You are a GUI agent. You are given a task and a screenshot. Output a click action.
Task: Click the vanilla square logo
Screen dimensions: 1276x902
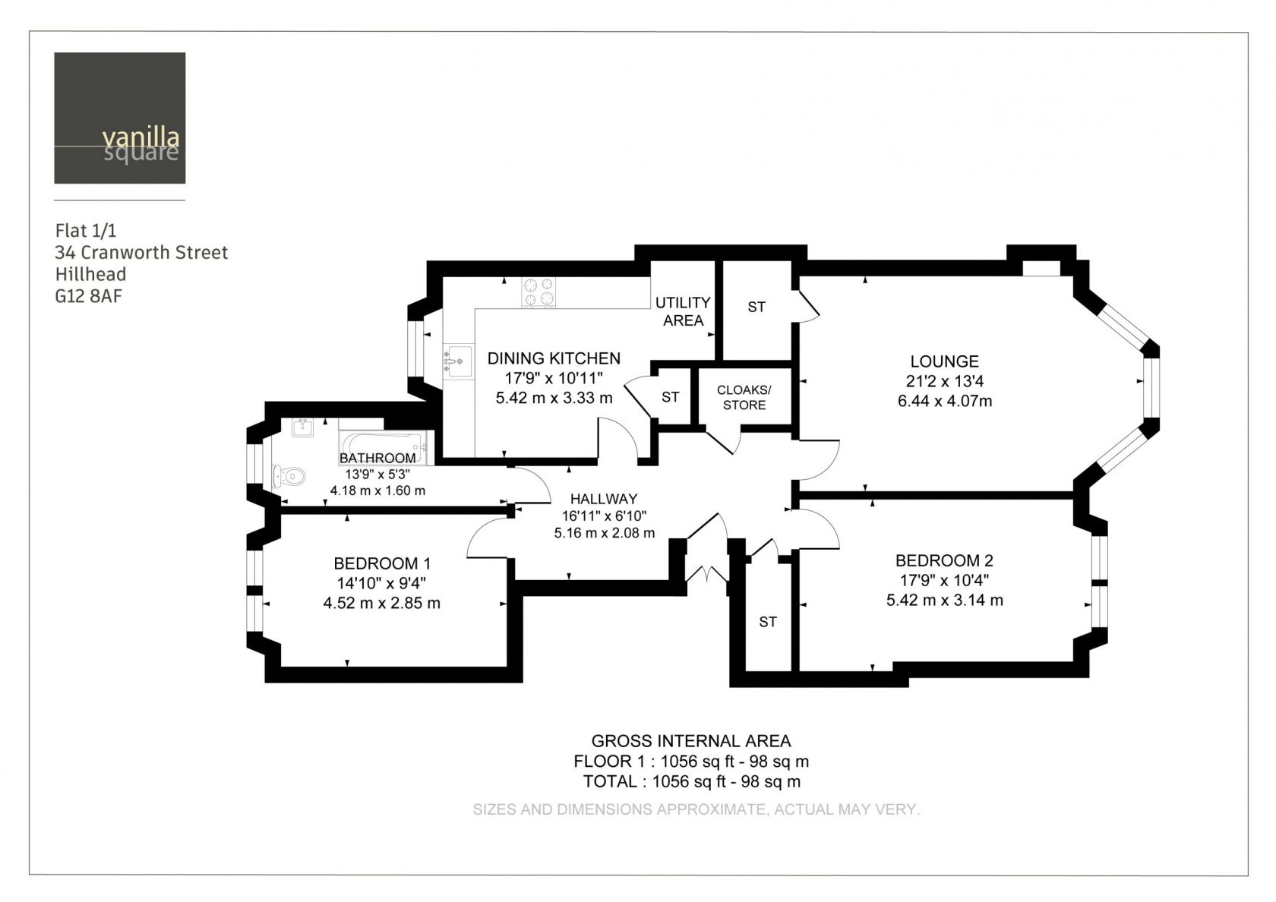(x=120, y=118)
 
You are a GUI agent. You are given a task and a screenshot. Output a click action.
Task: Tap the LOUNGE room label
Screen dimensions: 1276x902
(x=945, y=361)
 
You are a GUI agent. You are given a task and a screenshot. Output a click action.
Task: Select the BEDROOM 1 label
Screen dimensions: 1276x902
(x=381, y=563)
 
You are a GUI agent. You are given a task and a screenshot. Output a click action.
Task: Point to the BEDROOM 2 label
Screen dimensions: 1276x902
(x=944, y=560)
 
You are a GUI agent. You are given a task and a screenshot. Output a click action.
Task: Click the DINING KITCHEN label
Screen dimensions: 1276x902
(x=554, y=358)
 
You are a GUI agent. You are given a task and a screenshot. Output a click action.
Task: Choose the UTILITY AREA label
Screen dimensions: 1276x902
(x=682, y=311)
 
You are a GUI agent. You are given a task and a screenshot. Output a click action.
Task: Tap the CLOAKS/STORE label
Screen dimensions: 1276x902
(x=744, y=398)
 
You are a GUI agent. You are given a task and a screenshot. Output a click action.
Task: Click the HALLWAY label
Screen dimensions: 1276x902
(x=604, y=499)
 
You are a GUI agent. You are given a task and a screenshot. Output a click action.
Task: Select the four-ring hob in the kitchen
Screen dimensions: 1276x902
(x=539, y=292)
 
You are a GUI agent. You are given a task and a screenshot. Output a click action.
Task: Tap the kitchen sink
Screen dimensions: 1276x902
(x=458, y=361)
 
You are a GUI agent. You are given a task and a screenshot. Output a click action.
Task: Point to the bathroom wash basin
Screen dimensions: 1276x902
(x=302, y=427)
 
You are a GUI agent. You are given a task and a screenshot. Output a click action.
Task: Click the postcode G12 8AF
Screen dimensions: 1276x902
(x=88, y=296)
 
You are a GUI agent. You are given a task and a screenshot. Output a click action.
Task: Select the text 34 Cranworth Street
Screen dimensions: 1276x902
(x=141, y=252)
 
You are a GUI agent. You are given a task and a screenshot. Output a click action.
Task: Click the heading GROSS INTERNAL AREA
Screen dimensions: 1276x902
(x=691, y=741)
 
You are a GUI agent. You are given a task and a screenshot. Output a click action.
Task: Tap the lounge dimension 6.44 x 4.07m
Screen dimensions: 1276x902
(x=945, y=401)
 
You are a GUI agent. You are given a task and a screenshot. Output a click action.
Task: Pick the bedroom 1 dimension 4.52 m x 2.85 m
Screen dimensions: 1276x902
(x=381, y=603)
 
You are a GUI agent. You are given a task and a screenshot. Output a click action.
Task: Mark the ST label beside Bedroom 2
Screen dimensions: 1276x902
(x=767, y=622)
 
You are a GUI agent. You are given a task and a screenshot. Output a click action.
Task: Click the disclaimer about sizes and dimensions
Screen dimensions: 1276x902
(x=696, y=809)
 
